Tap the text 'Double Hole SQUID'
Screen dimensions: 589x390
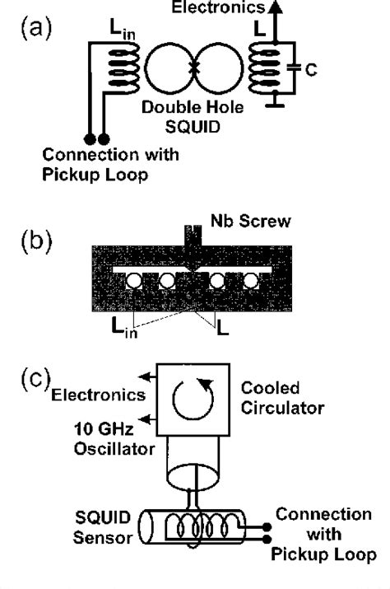pos(194,115)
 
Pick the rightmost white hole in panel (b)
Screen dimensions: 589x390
pos(248,283)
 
